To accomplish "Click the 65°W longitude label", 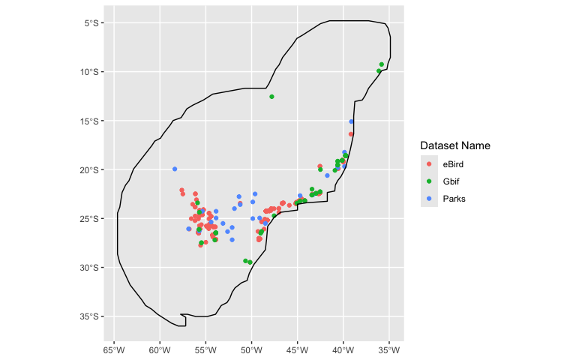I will coord(114,349).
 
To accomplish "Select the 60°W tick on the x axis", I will coord(160,349).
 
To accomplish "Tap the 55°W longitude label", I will coord(205,349).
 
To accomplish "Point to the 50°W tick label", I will coord(252,349).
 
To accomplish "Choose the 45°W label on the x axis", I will coord(298,349).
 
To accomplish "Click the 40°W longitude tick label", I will coord(343,349).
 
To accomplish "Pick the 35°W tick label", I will coord(389,349).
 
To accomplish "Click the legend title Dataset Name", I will coord(455,145).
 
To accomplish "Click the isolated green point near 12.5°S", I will coord(271,97).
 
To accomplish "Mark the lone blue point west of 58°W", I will coord(175,169).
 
